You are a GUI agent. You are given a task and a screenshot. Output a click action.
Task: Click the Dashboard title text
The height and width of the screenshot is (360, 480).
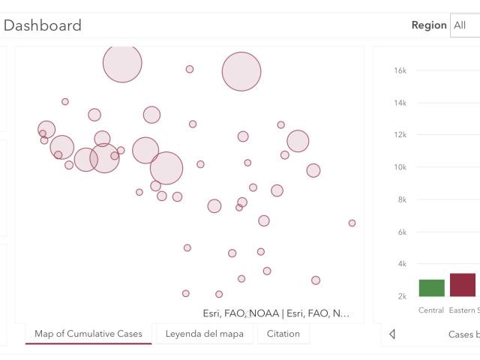pyautogui.click(x=43, y=25)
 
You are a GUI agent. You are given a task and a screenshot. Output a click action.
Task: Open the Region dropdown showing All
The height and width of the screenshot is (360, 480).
pyautogui.click(x=465, y=25)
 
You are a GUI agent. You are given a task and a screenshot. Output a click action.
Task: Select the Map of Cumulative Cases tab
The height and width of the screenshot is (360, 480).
pyautogui.click(x=88, y=334)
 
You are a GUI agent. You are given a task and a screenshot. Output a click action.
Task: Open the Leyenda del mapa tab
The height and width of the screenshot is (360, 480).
pyautogui.click(x=205, y=334)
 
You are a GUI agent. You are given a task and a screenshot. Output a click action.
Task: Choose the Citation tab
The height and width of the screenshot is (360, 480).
pyautogui.click(x=283, y=334)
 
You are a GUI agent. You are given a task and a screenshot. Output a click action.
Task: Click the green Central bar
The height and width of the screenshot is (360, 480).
pyautogui.click(x=432, y=288)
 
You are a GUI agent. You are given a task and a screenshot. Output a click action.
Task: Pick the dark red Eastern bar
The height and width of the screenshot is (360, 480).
pyautogui.click(x=463, y=285)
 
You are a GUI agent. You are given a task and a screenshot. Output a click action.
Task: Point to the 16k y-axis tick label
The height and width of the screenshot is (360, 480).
pyautogui.click(x=400, y=70)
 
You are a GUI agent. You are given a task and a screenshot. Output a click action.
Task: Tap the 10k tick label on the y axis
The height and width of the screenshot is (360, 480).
pyautogui.click(x=400, y=167)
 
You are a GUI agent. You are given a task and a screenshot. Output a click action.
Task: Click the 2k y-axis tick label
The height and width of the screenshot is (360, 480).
pyautogui.click(x=402, y=296)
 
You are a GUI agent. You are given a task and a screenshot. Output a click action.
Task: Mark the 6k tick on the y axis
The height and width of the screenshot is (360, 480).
pyautogui.click(x=402, y=232)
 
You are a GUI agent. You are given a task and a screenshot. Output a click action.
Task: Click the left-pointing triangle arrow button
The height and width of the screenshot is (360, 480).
pyautogui.click(x=392, y=334)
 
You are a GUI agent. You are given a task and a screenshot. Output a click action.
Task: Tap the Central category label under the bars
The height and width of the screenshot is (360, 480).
pyautogui.click(x=431, y=310)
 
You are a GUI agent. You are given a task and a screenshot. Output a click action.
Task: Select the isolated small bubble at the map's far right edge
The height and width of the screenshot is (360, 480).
pyautogui.click(x=352, y=223)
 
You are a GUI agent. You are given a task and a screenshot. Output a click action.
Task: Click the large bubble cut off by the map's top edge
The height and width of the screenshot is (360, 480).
pyautogui.click(x=122, y=63)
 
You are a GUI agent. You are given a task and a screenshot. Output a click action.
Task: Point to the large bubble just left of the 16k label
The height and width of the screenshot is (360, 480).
pyautogui.click(x=241, y=72)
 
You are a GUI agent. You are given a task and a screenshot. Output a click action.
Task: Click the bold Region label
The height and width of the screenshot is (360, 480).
pyautogui.click(x=429, y=25)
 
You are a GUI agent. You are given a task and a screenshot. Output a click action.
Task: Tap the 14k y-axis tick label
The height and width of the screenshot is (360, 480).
pyautogui.click(x=400, y=103)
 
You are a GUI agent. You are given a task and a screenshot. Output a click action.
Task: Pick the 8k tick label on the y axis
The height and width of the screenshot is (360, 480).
pyautogui.click(x=402, y=199)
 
